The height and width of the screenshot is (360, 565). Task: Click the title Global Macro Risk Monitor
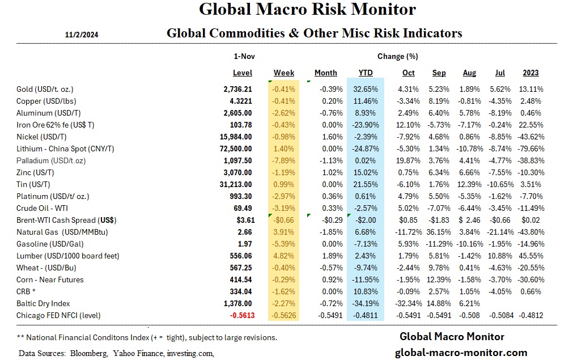click(x=307, y=10)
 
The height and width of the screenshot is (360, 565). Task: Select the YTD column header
click(x=366, y=73)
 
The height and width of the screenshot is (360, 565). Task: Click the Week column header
click(x=284, y=73)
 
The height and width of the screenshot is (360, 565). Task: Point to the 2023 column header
click(x=531, y=73)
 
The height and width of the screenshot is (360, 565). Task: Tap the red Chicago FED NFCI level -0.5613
click(x=237, y=315)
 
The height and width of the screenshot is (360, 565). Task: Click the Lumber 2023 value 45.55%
click(x=531, y=256)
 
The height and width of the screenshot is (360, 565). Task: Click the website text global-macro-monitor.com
click(x=461, y=353)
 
